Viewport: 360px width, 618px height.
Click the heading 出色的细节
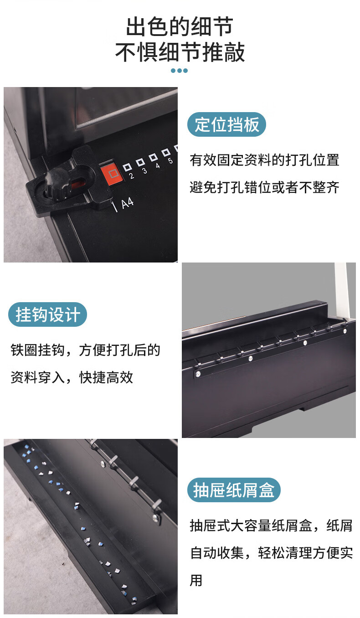click(x=180, y=26)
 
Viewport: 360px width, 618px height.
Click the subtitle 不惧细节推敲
click(x=180, y=52)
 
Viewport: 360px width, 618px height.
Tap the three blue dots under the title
click(x=179, y=71)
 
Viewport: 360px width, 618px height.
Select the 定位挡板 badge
click(x=226, y=124)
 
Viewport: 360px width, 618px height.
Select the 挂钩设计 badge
click(x=48, y=314)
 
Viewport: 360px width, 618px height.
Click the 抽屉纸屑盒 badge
click(x=234, y=490)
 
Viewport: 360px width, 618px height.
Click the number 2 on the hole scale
click(x=132, y=176)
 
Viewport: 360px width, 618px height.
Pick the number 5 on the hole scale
click(x=170, y=160)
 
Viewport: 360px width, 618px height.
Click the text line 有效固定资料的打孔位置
click(x=265, y=160)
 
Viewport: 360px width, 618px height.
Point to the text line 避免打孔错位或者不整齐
click(x=265, y=188)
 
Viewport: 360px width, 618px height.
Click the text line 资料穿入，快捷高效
click(x=72, y=378)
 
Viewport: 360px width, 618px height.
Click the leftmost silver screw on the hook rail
click(x=198, y=374)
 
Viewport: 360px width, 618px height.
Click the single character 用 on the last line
click(x=196, y=581)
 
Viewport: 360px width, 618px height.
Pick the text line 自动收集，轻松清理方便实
click(x=272, y=553)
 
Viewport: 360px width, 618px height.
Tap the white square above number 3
click(x=140, y=162)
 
